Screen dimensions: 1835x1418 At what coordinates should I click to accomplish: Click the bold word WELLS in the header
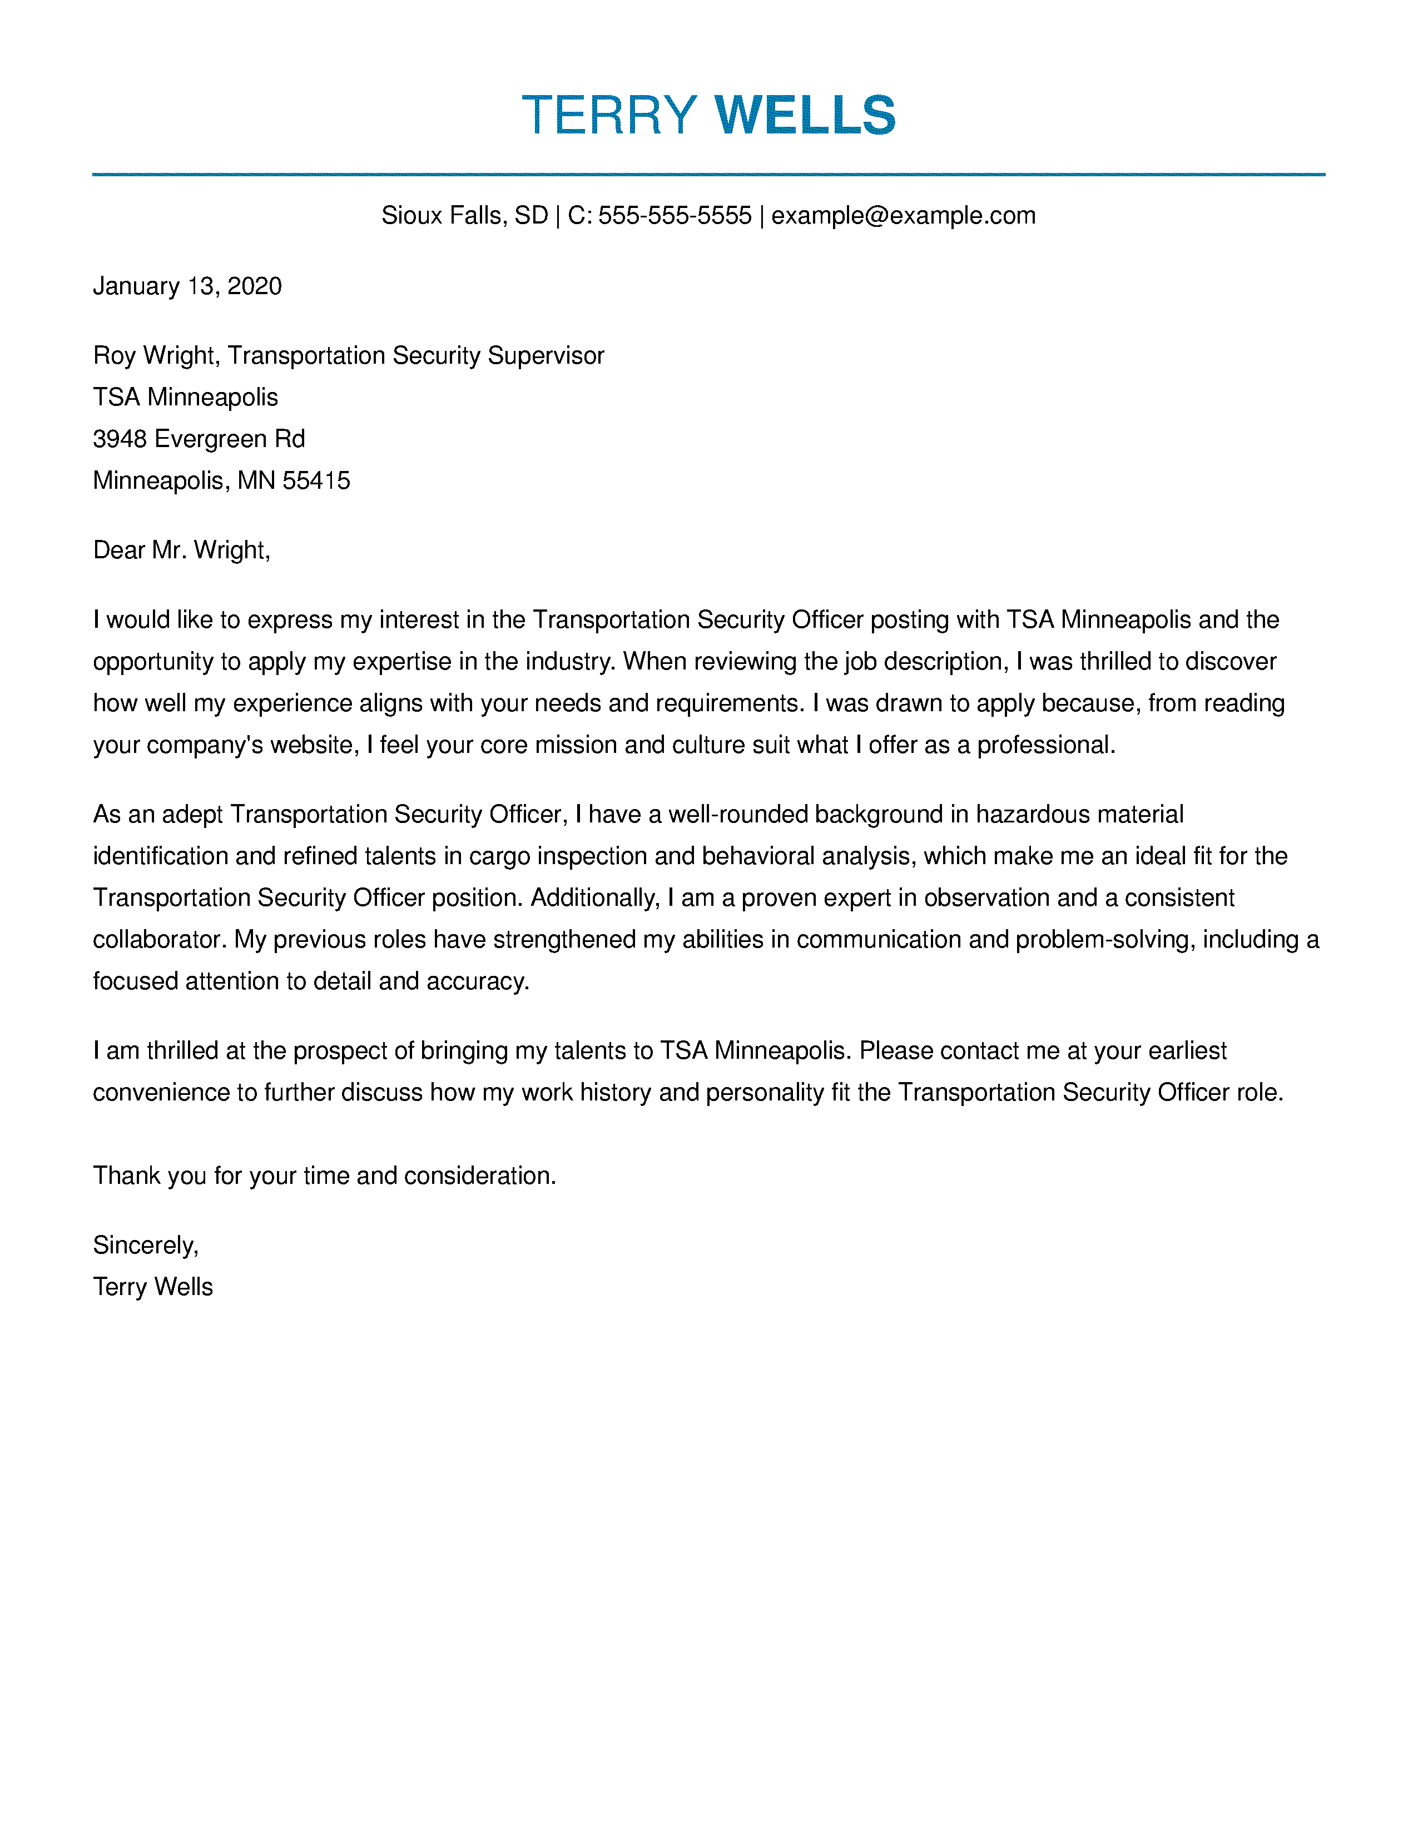click(x=805, y=115)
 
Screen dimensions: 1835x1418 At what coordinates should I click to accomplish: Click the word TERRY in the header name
click(x=609, y=115)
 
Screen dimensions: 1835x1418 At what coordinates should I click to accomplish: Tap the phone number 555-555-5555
click(x=675, y=216)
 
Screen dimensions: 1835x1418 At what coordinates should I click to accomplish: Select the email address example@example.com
click(x=903, y=216)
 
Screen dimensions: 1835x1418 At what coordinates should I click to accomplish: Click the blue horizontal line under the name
click(x=708, y=175)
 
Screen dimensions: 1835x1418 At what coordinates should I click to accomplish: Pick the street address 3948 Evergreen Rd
click(x=199, y=439)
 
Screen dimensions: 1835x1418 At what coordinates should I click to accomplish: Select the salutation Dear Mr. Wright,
click(x=181, y=550)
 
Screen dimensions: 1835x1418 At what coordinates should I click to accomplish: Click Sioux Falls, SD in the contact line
click(x=464, y=216)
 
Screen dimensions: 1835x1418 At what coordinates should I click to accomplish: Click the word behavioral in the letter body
click(x=758, y=856)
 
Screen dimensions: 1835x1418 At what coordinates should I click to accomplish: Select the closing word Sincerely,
click(x=145, y=1245)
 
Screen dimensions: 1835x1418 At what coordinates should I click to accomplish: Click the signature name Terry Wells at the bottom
click(x=153, y=1287)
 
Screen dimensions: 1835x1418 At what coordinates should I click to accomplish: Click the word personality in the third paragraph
click(x=765, y=1092)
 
